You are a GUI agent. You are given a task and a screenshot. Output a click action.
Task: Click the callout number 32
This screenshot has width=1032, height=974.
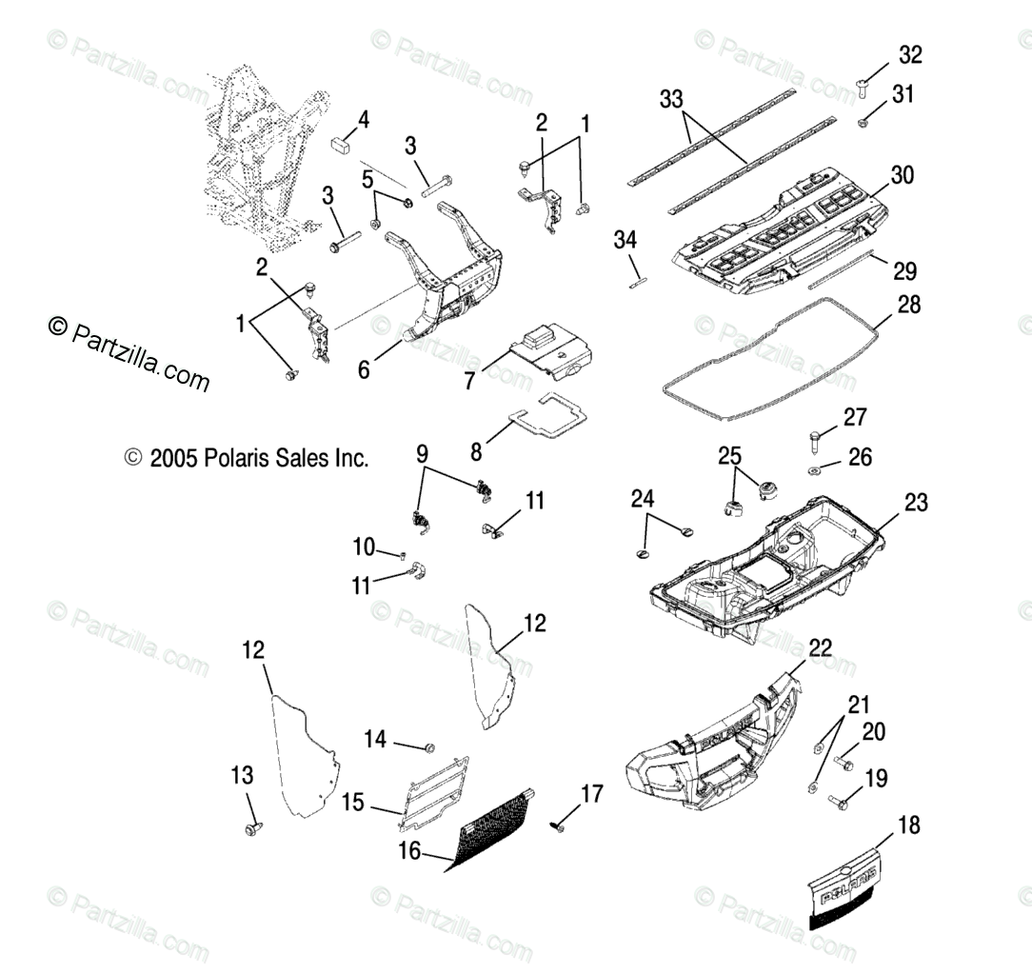tap(910, 55)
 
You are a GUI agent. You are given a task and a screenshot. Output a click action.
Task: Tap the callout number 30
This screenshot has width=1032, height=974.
tap(902, 175)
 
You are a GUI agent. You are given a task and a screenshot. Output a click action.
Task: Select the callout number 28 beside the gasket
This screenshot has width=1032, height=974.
tap(909, 305)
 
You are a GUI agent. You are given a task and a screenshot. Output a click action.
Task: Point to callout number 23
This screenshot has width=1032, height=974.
tap(916, 503)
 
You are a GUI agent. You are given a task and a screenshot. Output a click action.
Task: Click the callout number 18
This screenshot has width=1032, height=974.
tap(909, 825)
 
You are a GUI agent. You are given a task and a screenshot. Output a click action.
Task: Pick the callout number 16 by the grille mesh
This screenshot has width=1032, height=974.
tap(409, 852)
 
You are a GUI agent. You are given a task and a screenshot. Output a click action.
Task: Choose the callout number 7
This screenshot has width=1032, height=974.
tap(468, 382)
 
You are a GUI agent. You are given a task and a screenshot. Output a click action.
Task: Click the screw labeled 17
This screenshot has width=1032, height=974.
tap(559, 826)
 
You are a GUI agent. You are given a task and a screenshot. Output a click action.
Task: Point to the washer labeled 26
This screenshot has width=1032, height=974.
tap(817, 471)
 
